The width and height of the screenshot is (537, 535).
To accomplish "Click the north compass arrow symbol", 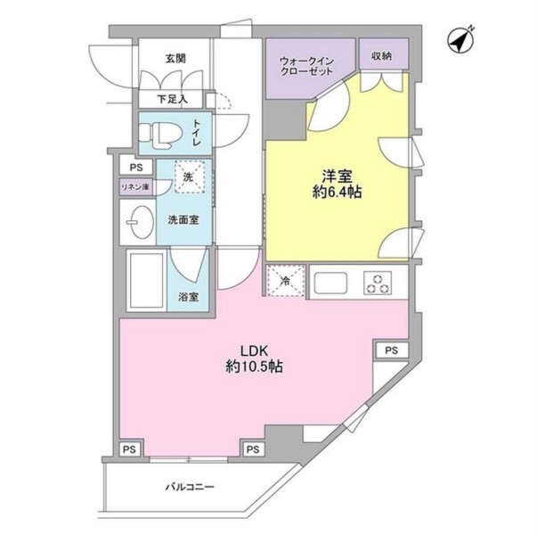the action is point(461,41).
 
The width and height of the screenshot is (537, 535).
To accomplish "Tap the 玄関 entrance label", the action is point(175,59).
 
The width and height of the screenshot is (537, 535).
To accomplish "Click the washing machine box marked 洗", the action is point(190,177).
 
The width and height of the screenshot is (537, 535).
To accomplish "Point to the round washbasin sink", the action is point(141,222).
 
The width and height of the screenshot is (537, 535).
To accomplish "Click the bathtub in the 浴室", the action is point(147,280).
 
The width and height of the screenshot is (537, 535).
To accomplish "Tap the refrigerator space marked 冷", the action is point(286,281).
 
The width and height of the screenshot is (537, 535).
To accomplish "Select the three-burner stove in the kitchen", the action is point(378,283).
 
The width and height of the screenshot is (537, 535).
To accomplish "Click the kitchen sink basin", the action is point(330,283).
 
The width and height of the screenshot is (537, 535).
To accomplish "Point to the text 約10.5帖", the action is point(254,367).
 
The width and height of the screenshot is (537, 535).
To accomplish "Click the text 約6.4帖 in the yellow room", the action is point(337,192).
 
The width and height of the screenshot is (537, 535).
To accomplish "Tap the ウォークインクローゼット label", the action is point(306,66).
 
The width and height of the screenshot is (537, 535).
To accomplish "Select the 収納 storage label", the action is point(381,56).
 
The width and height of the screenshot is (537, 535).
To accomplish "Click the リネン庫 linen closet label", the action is point(136,187).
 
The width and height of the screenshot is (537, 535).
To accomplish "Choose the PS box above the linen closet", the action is point(136,168).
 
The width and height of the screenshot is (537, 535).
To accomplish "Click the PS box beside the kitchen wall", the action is point(392,350).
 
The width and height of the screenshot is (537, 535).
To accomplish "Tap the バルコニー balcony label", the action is point(190,487).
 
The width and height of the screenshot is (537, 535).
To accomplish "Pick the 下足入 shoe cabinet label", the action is point(172,100).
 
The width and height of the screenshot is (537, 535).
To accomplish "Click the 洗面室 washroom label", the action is point(183,220).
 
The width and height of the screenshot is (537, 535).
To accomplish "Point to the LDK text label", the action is point(254,350).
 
